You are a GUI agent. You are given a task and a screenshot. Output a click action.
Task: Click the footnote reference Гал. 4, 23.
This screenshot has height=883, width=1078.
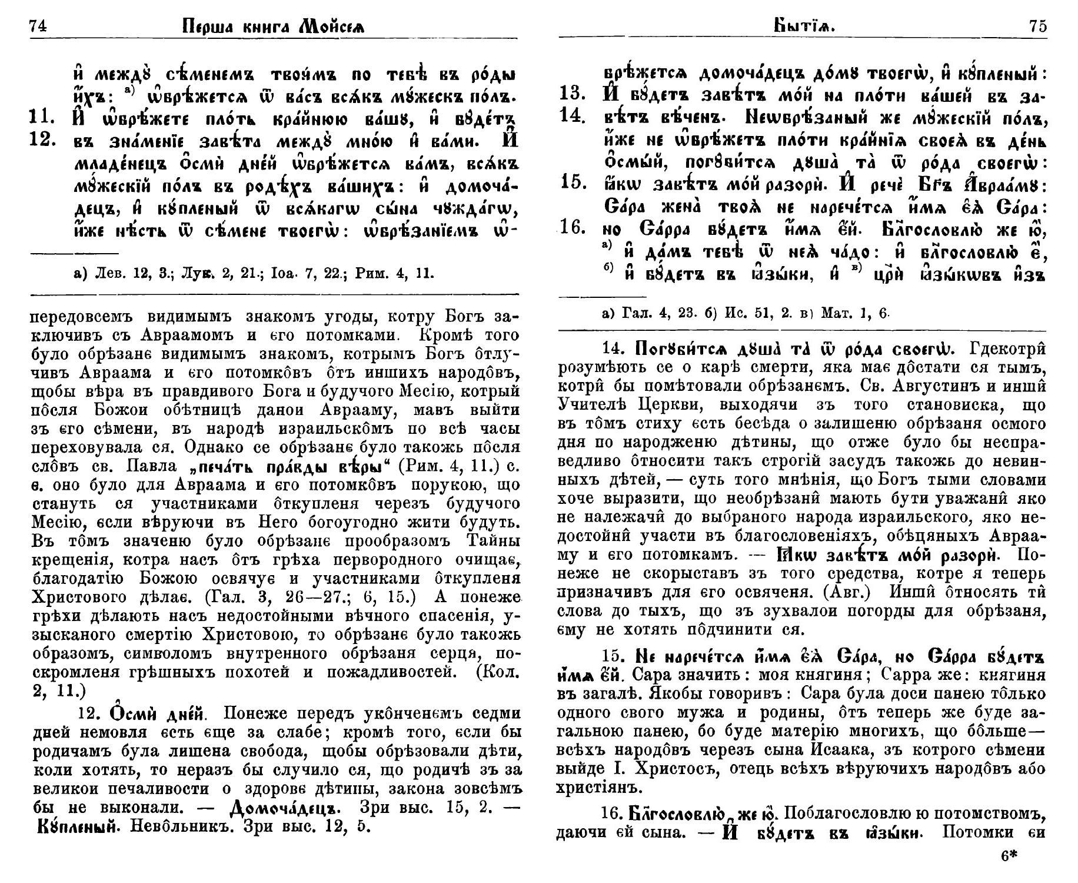(x=653, y=314)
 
